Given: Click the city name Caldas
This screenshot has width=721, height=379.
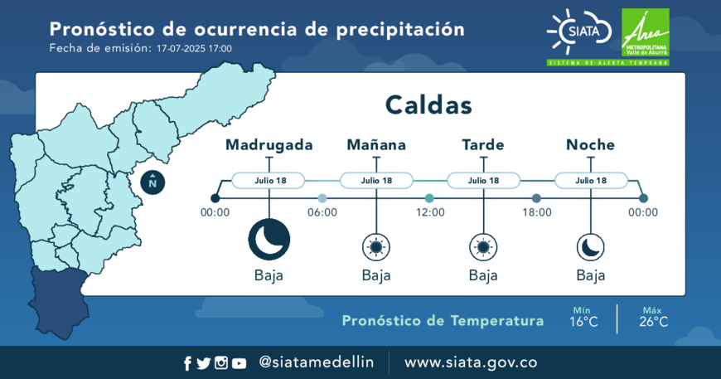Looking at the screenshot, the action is coord(428,104).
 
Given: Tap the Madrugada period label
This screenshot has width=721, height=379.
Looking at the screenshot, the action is coord(269,145).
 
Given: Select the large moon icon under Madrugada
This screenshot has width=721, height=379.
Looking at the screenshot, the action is coord(269,240).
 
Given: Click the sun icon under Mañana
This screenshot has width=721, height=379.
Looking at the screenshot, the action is coord(376,247).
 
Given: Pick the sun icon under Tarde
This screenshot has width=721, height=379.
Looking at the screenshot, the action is coord(483,247).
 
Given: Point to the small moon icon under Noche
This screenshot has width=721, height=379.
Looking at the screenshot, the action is coord(590,247).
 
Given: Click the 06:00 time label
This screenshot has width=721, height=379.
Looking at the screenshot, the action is coord(322,212).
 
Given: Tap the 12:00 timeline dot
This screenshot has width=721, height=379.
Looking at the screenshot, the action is coord(429,198).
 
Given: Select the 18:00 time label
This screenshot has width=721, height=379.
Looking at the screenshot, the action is coord(537,212).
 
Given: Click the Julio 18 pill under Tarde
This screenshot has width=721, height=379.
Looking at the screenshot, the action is coord(483,181).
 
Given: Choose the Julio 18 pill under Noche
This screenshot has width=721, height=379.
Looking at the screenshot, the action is coord(591,181).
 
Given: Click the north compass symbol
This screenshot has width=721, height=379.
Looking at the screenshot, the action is coord(152,182).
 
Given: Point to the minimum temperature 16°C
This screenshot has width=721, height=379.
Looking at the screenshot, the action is coord(583,322).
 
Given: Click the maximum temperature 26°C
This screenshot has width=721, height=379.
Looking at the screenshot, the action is coord(653,322).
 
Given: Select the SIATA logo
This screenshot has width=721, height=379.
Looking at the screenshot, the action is coord(579,32).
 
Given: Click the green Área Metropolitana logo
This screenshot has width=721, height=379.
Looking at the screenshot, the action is coord(645,32).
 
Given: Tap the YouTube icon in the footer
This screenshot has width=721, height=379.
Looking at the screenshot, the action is coord(239,363).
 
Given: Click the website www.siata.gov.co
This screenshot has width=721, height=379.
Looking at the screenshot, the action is coord(471,362).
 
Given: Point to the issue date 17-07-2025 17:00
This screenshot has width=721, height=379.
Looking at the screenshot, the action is coord(194,49).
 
